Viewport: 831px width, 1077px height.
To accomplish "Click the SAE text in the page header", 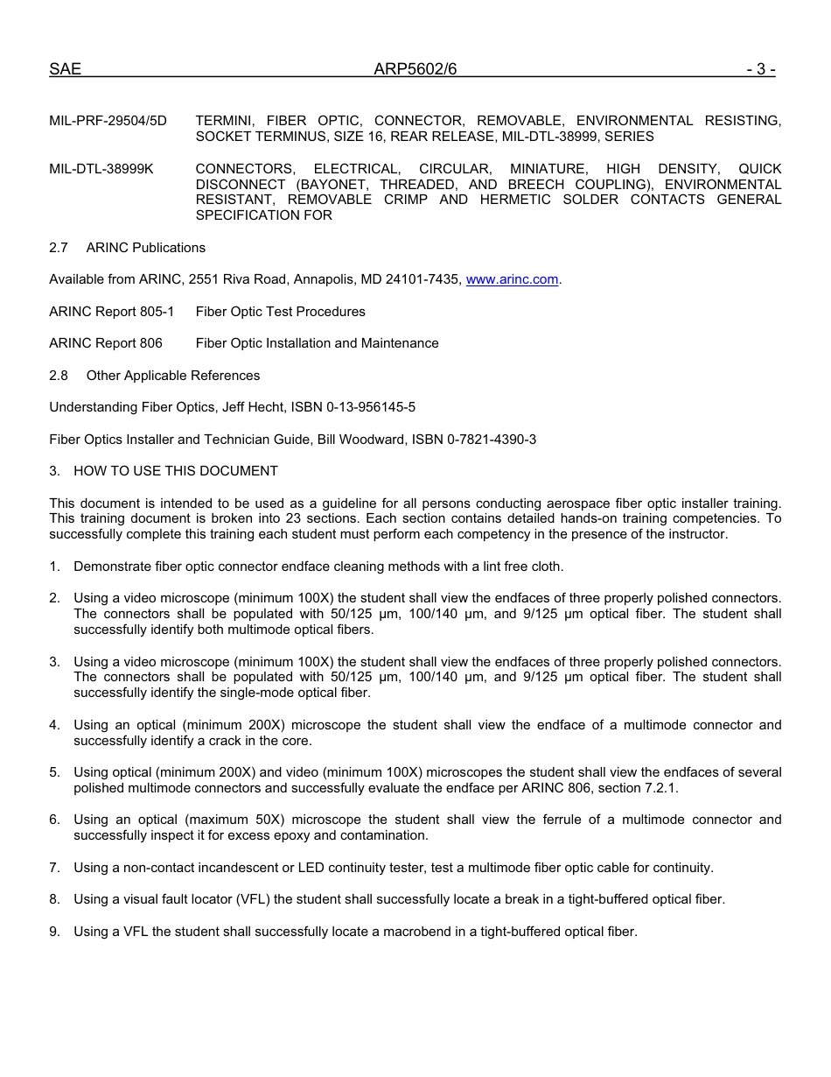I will click(x=65, y=69).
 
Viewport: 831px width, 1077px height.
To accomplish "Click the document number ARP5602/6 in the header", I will click(x=415, y=69).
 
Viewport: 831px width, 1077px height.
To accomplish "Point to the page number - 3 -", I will click(x=761, y=69).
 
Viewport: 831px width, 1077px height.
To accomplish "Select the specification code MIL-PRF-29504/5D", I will click(x=108, y=121).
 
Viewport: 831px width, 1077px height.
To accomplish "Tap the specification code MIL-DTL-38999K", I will click(x=101, y=168).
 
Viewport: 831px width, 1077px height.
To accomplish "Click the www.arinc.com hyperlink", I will click(x=512, y=279).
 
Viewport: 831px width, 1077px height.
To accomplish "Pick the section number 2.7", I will click(x=59, y=248).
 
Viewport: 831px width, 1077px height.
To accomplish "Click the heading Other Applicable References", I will click(x=173, y=376).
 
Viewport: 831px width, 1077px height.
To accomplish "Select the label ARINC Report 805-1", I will click(x=111, y=312).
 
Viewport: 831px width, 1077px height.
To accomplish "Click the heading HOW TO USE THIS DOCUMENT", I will click(x=176, y=471).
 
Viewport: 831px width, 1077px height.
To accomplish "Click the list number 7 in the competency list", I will click(x=54, y=868).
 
